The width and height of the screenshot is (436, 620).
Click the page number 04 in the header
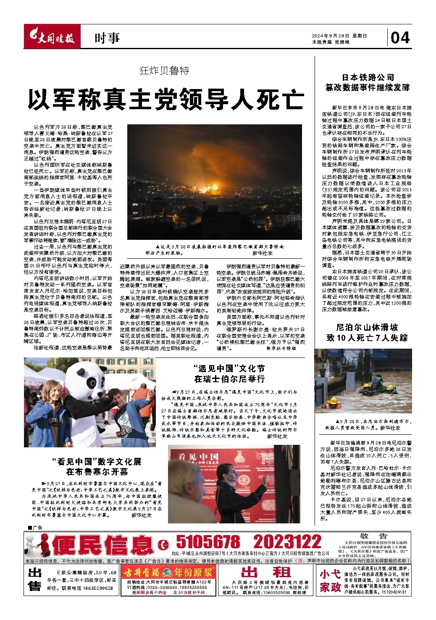click(x=400, y=38)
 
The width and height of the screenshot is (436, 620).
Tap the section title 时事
click(x=107, y=38)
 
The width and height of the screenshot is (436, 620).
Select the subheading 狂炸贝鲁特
click(x=164, y=71)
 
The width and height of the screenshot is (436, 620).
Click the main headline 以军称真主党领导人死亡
click(x=166, y=99)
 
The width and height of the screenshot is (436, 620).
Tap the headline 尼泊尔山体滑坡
click(x=367, y=327)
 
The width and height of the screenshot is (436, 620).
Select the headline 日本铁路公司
click(x=368, y=77)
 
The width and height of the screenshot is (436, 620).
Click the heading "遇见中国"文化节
click(x=229, y=368)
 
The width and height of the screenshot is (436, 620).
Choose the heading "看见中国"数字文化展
click(x=97, y=461)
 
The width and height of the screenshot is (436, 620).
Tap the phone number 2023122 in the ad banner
click(x=287, y=541)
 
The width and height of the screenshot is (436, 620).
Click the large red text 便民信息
click(x=103, y=545)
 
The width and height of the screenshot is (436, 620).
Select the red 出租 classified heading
click(x=266, y=572)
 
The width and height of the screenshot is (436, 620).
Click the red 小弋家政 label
click(x=330, y=580)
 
